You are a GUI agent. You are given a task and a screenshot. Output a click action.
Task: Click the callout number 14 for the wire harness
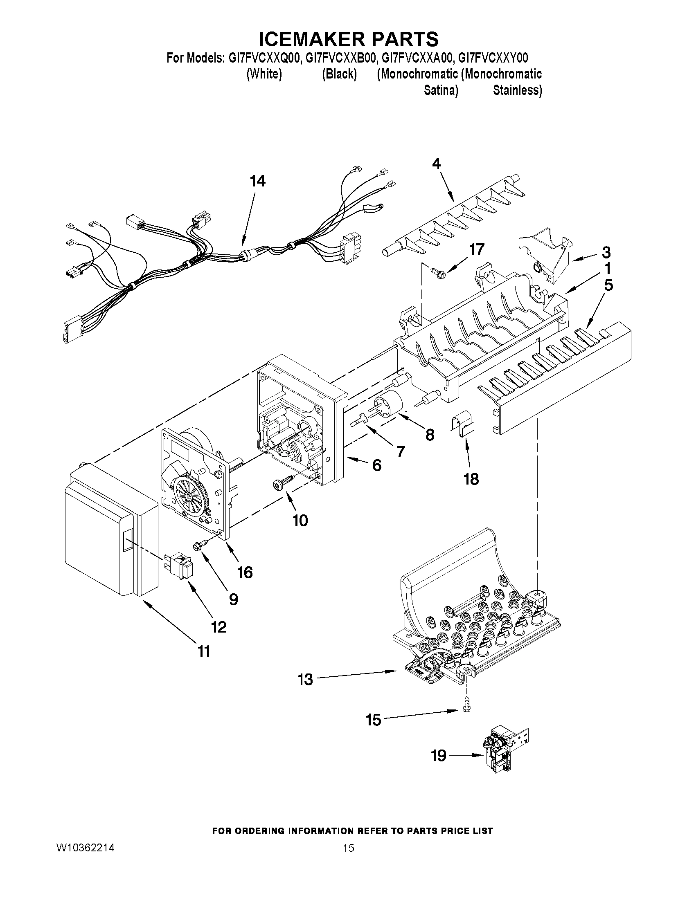(258, 181)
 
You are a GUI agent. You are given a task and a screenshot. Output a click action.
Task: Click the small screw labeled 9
(200, 546)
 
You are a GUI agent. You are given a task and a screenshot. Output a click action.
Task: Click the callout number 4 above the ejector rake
(436, 164)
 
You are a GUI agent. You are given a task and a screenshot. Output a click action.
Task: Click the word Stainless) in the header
(518, 90)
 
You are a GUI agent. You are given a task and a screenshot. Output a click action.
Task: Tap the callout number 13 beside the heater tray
(305, 680)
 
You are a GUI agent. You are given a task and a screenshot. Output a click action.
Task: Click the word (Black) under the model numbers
(339, 74)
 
